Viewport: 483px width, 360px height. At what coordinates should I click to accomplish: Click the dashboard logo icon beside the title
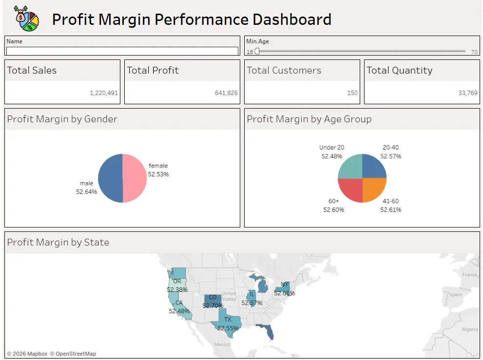tap(27, 18)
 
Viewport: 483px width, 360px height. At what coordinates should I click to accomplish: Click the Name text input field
tap(122, 51)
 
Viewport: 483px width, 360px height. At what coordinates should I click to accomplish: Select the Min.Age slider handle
tap(257, 51)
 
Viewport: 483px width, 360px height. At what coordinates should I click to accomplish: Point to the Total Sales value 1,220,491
tap(104, 93)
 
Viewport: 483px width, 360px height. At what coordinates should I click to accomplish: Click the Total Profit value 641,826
tap(226, 93)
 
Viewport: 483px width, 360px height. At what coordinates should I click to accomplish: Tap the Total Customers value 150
tap(352, 93)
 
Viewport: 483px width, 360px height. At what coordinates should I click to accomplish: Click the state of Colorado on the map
tap(213, 301)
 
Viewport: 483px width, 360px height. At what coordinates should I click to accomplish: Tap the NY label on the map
tap(285, 285)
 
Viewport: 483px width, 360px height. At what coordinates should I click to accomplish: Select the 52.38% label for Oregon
tap(177, 289)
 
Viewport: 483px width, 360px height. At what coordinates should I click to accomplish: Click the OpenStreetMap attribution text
tap(73, 354)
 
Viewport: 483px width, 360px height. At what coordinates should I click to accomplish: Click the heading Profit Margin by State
tap(58, 243)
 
